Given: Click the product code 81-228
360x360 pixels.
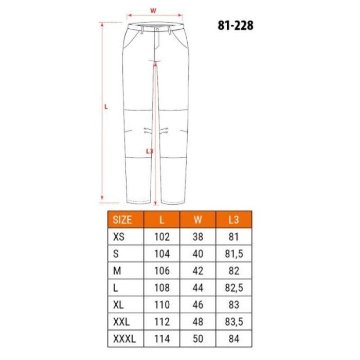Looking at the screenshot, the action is [236, 25].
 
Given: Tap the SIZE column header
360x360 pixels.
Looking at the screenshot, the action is [122, 220].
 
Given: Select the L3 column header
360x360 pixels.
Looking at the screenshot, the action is [233, 220].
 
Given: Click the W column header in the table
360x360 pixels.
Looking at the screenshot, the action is [197, 220].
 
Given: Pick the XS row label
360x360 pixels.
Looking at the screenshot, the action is [119, 237].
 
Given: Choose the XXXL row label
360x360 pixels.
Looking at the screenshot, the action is [124, 338].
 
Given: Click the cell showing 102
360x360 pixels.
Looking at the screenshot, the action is [162, 237].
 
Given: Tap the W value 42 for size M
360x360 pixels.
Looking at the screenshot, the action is [197, 271].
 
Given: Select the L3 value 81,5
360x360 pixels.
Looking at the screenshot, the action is [233, 254].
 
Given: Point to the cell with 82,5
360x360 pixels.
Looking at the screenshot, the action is [233, 287].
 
